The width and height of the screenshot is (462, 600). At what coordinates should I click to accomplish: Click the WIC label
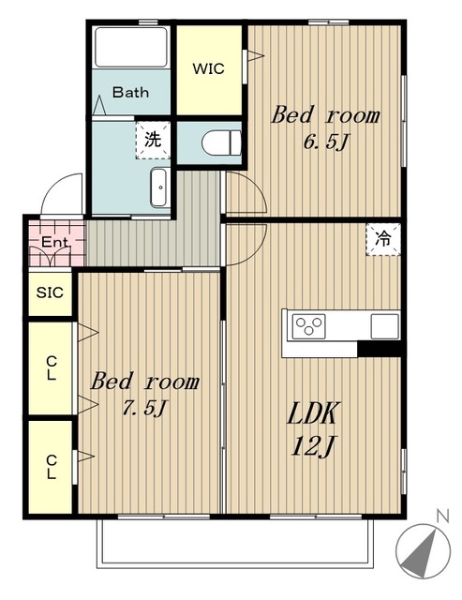click(x=208, y=69)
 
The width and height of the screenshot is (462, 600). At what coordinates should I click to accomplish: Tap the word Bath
click(x=130, y=92)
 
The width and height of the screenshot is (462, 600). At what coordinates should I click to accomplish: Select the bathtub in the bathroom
click(x=131, y=48)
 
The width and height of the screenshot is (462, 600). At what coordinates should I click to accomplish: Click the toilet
click(x=221, y=142)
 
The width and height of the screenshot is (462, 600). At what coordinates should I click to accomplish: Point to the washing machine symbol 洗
click(x=153, y=140)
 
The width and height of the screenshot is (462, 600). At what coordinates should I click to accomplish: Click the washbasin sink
click(x=158, y=187)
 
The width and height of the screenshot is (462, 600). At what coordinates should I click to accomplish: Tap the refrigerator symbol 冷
click(x=383, y=240)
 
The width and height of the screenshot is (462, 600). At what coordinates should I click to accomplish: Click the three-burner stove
click(x=309, y=326)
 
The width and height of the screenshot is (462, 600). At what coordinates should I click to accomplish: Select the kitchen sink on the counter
click(x=385, y=326)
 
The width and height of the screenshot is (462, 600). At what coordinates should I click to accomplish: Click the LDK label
click(x=312, y=413)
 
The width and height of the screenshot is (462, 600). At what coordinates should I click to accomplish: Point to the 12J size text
click(x=313, y=446)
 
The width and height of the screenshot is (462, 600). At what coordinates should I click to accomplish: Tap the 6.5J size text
click(x=326, y=142)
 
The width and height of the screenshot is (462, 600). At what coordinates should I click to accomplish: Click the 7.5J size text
click(x=144, y=408)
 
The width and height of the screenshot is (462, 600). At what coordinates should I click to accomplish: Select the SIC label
click(x=50, y=292)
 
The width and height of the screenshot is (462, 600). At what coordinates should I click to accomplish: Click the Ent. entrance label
click(x=55, y=242)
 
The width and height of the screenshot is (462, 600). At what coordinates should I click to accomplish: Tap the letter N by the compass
click(x=442, y=517)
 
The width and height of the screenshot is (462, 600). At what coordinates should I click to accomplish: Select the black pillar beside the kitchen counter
click(x=379, y=349)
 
